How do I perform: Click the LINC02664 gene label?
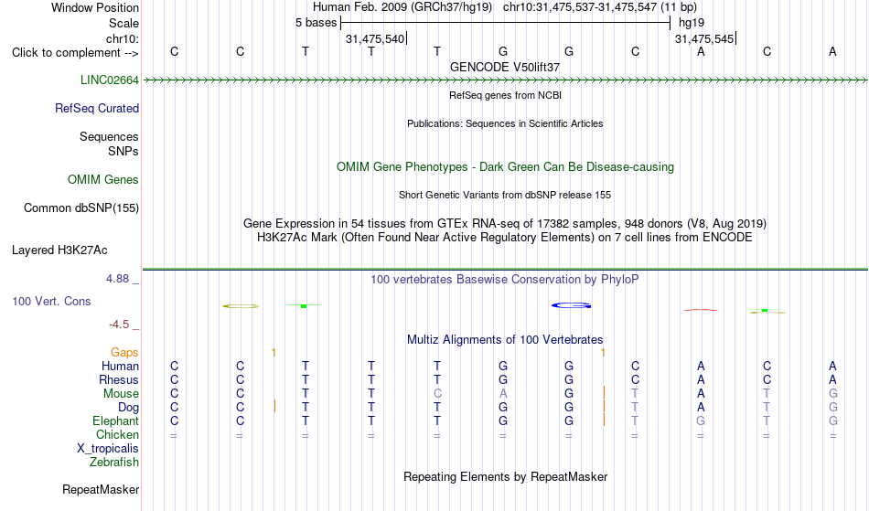[x=110, y=80]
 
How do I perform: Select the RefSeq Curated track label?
[x=97, y=109]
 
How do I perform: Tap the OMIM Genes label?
[x=103, y=180]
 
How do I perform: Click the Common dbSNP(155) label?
[x=81, y=208]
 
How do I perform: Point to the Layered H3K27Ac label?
[x=59, y=250]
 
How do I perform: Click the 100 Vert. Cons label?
[x=51, y=301]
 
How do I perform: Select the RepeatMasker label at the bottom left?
[x=101, y=489]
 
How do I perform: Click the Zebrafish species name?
[x=114, y=463]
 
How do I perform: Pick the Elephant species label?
[x=116, y=421]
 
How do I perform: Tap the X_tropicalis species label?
[x=108, y=449]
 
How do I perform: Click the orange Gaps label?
[x=124, y=353]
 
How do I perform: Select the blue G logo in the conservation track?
[x=572, y=305]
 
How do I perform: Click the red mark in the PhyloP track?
[x=701, y=310]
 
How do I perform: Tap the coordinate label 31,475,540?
[x=375, y=39]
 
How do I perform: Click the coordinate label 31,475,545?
[x=704, y=39]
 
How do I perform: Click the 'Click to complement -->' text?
[x=75, y=53]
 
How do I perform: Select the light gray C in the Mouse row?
[x=437, y=394]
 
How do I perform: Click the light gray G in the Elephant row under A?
[x=701, y=421]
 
